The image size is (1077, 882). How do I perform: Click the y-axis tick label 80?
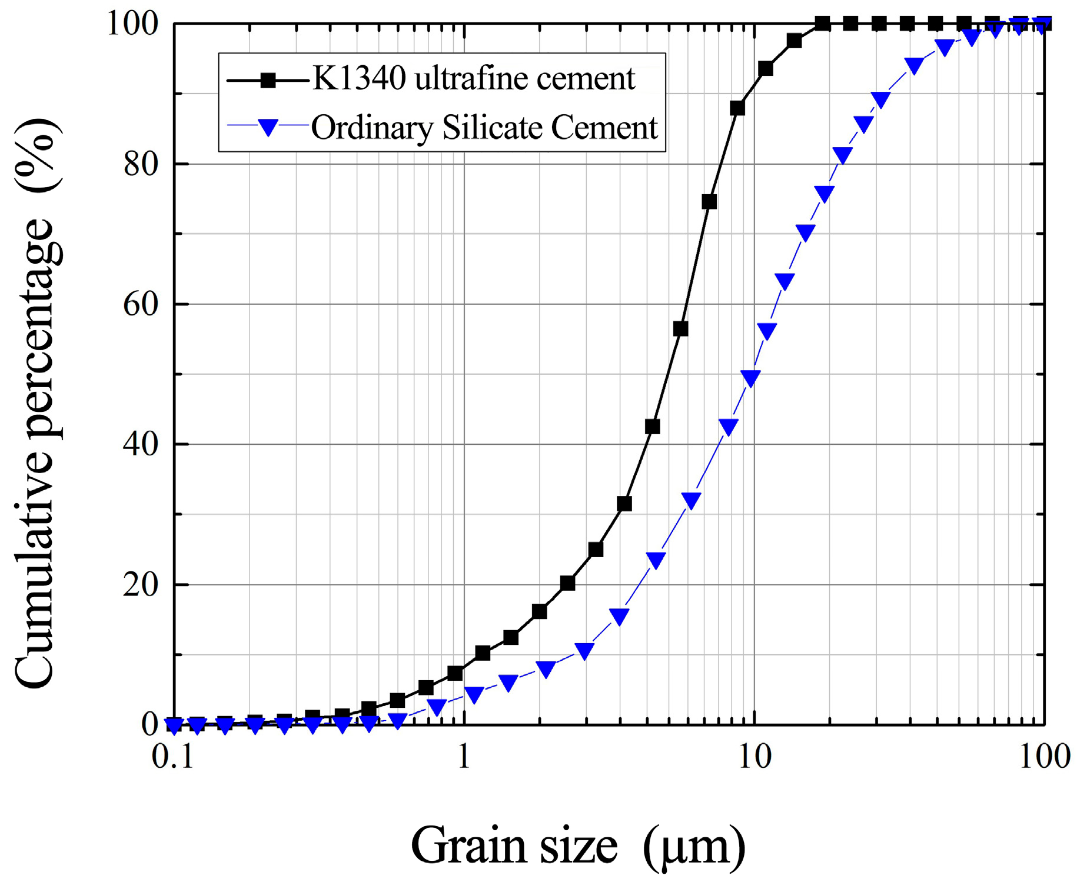pyautogui.click(x=141, y=165)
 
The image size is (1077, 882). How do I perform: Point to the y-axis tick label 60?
pyautogui.click(x=141, y=305)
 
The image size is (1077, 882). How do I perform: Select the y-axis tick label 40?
pyautogui.click(x=141, y=444)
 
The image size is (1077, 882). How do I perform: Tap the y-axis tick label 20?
pyautogui.click(x=141, y=585)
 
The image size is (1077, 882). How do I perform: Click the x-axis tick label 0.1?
pyautogui.click(x=172, y=757)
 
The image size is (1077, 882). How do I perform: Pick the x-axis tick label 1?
pyautogui.click(x=464, y=757)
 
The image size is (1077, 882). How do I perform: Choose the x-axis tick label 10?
pyautogui.click(x=754, y=757)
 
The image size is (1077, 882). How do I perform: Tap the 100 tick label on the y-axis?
pyautogui.click(x=132, y=25)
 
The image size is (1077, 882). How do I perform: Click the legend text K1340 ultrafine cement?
pyautogui.click(x=474, y=79)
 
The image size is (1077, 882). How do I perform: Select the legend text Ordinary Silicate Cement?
pyautogui.click(x=484, y=128)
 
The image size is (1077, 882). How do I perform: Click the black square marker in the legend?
pyautogui.click(x=268, y=79)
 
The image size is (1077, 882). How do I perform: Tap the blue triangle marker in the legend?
pyautogui.click(x=268, y=127)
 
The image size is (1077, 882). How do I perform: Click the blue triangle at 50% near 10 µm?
pyautogui.click(x=750, y=378)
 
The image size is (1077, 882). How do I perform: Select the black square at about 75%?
pyautogui.click(x=709, y=202)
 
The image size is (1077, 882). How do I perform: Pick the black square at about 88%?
pyautogui.click(x=737, y=108)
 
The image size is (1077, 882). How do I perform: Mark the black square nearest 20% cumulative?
pyautogui.click(x=567, y=583)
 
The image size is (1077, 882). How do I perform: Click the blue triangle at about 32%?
pyautogui.click(x=691, y=500)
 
